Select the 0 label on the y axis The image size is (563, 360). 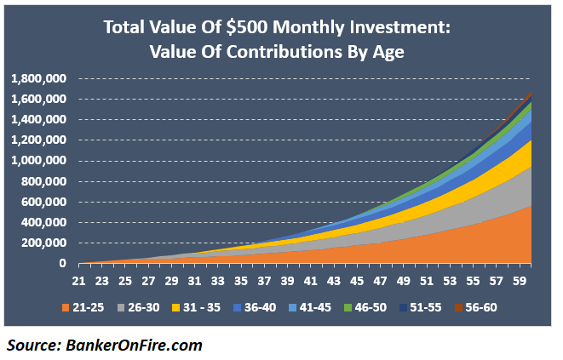pyautogui.click(x=61, y=264)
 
